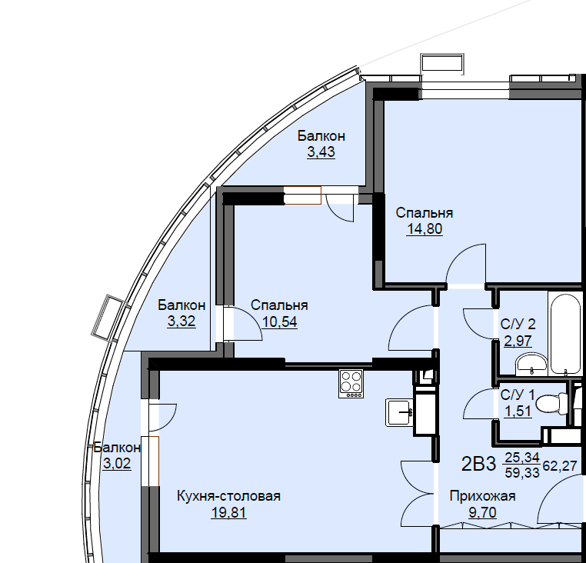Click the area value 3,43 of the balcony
[x=321, y=152]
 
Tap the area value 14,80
[x=425, y=228]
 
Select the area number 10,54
[x=280, y=321]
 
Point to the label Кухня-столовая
[x=228, y=496]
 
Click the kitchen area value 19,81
[x=228, y=512]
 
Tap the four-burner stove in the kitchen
[x=351, y=384]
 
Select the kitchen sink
[x=400, y=412]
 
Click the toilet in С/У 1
[x=551, y=404]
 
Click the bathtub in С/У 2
[x=565, y=333]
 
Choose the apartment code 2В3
[x=479, y=465]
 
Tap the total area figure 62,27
[x=560, y=466]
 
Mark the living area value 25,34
[x=522, y=457]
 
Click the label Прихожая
[x=482, y=496]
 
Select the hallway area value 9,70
[x=482, y=512]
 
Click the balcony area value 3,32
[x=181, y=321]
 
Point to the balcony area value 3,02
[x=117, y=464]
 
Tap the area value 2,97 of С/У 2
[x=518, y=341]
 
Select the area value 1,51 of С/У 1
[x=518, y=411]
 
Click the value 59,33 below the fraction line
[x=522, y=473]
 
